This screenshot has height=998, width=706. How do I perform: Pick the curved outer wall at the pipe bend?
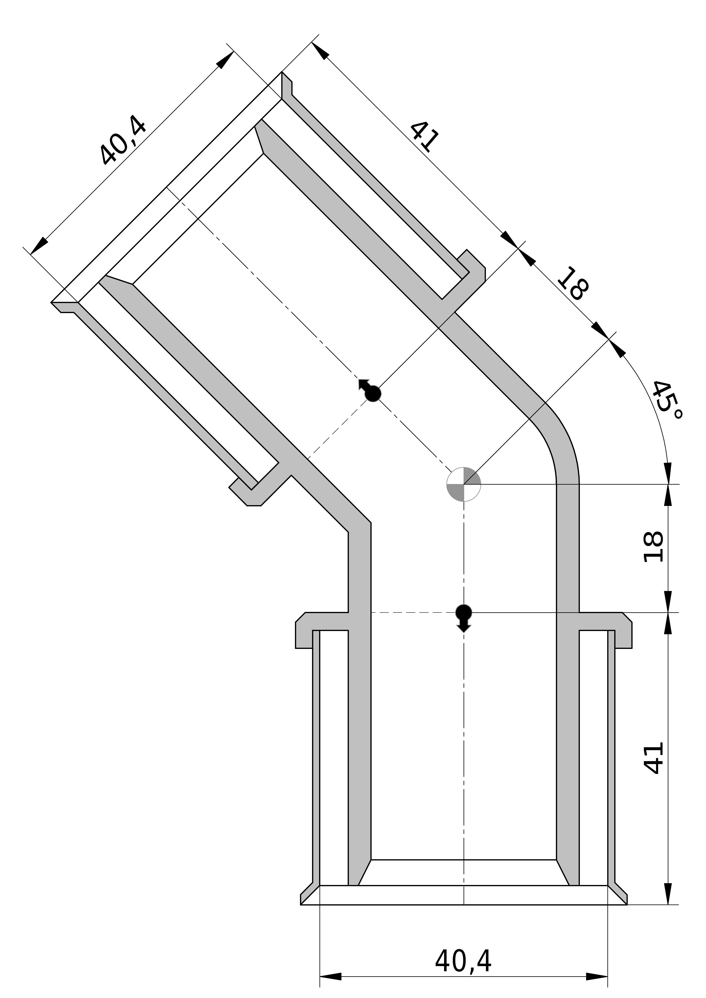click(566, 439)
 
